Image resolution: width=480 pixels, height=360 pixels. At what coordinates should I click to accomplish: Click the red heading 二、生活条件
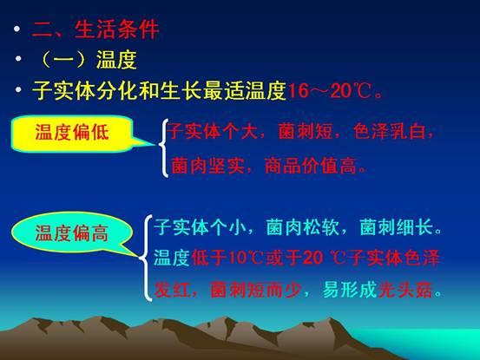click(95, 29)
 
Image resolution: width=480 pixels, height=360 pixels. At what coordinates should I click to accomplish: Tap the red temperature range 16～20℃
click(330, 90)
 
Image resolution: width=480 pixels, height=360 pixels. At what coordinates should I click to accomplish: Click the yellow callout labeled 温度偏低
click(72, 133)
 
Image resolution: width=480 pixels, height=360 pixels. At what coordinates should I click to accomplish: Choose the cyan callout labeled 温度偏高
click(72, 233)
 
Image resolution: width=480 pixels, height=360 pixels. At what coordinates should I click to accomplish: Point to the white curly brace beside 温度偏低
click(164, 147)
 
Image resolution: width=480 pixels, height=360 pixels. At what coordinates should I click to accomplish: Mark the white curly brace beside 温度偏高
click(146, 258)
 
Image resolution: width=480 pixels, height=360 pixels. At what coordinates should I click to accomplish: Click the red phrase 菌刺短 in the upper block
click(306, 132)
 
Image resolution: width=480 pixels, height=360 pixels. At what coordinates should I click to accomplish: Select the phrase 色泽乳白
click(390, 132)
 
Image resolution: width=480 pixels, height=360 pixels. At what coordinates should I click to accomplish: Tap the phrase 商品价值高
click(311, 166)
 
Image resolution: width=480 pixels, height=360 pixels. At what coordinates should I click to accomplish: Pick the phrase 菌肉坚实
click(207, 166)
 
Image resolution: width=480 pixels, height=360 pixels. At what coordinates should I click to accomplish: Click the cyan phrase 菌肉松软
click(302, 227)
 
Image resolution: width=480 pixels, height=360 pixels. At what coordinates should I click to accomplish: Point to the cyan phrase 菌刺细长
click(396, 227)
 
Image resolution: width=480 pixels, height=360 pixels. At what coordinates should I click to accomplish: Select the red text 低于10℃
click(227, 258)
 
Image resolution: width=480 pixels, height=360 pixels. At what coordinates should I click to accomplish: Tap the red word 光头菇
click(405, 290)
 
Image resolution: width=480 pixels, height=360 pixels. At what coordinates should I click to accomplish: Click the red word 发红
click(172, 290)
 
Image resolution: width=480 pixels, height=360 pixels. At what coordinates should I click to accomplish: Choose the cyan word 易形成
click(350, 290)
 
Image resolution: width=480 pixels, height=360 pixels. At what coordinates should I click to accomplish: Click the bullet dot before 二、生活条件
click(16, 29)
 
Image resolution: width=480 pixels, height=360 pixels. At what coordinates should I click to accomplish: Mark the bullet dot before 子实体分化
click(18, 89)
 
